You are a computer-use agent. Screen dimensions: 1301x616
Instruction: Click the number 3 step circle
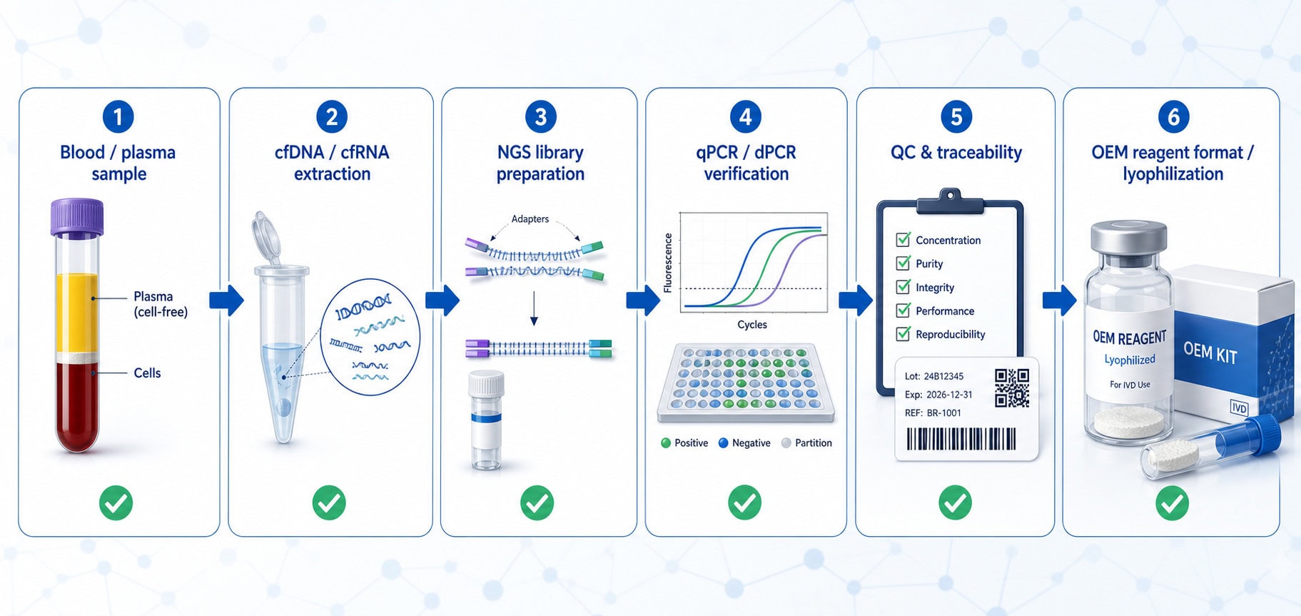click(x=540, y=116)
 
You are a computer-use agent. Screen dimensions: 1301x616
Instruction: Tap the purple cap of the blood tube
click(x=77, y=217)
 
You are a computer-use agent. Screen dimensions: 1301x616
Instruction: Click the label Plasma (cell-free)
click(x=161, y=303)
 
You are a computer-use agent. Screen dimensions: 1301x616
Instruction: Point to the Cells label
click(x=147, y=373)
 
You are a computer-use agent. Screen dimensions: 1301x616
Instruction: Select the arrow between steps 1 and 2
click(x=226, y=301)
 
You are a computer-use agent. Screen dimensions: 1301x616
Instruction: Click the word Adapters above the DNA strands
click(x=530, y=219)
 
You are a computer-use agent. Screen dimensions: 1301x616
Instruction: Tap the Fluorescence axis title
click(x=668, y=263)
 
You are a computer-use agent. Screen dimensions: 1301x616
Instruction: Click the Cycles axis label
click(x=752, y=325)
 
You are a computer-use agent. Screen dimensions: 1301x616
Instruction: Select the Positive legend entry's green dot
click(x=666, y=443)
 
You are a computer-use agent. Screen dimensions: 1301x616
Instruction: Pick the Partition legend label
click(x=814, y=443)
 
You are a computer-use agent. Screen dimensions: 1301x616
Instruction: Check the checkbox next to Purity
click(x=903, y=263)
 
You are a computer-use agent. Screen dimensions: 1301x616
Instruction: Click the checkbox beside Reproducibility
click(x=903, y=333)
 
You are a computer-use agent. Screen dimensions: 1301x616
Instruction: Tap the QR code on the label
click(x=1012, y=388)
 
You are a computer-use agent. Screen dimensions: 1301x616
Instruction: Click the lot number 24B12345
click(x=943, y=376)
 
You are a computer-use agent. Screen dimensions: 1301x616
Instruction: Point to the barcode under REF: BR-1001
click(x=961, y=439)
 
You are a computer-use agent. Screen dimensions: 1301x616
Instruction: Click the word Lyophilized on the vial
click(x=1130, y=360)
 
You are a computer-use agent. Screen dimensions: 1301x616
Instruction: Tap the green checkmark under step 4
click(x=744, y=503)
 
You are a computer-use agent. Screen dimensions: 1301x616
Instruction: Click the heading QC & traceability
click(x=956, y=153)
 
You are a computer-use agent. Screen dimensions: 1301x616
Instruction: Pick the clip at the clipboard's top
click(x=950, y=201)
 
